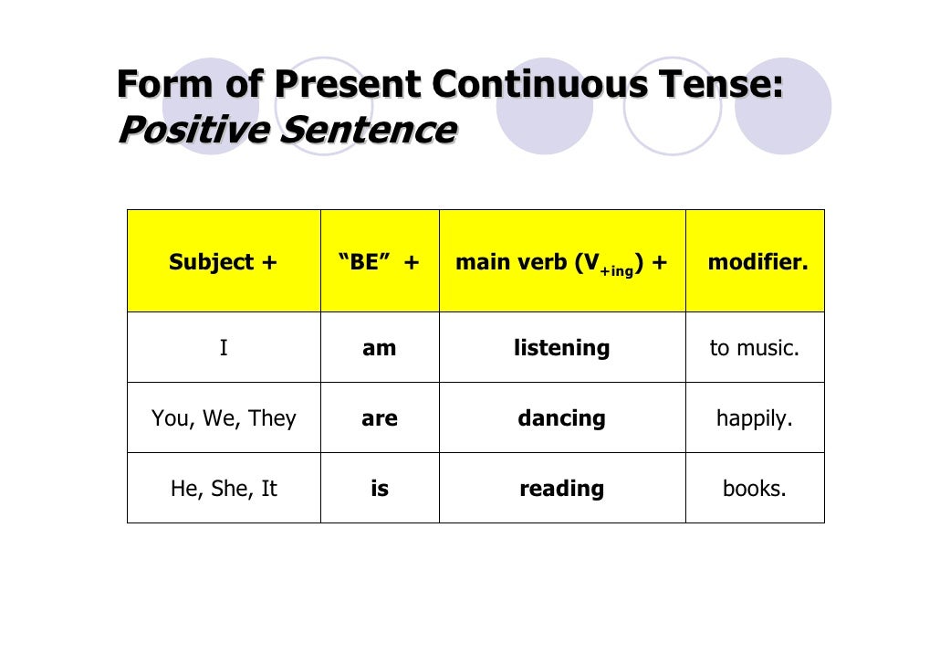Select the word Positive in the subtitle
[193, 131]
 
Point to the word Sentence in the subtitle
[366, 131]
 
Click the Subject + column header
[223, 263]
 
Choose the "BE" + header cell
[379, 263]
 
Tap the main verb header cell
[561, 263]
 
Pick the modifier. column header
[757, 263]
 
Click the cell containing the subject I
[224, 348]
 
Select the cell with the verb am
[379, 348]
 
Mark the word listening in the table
[561, 348]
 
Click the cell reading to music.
[754, 348]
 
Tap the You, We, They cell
[224, 418]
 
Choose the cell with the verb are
[379, 418]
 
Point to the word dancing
[561, 418]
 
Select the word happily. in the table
[754, 418]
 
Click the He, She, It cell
[224, 489]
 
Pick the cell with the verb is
[379, 489]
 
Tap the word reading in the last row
[561, 489]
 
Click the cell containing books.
[754, 489]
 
